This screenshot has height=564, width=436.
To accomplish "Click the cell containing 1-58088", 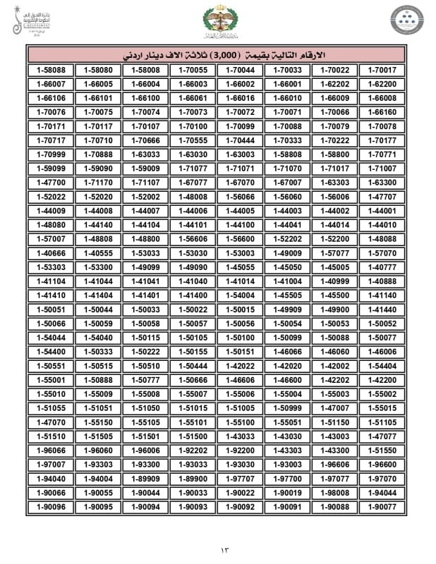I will click(x=50, y=70).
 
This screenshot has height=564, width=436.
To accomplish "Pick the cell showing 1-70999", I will click(x=50, y=154).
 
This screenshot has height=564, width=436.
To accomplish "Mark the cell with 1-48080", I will click(x=50, y=225).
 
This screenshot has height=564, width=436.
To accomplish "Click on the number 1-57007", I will click(x=50, y=239).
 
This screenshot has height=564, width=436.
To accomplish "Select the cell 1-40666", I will click(x=50, y=253).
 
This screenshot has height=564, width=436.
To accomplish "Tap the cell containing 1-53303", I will click(x=50, y=267).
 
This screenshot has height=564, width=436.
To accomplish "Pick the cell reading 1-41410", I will click(x=50, y=295).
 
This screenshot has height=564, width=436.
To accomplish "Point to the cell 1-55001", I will click(x=50, y=380).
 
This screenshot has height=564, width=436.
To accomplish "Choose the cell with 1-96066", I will click(x=50, y=450).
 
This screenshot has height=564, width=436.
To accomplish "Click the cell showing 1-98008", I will click(x=334, y=492).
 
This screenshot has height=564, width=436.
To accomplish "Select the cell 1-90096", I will click(x=50, y=506).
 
